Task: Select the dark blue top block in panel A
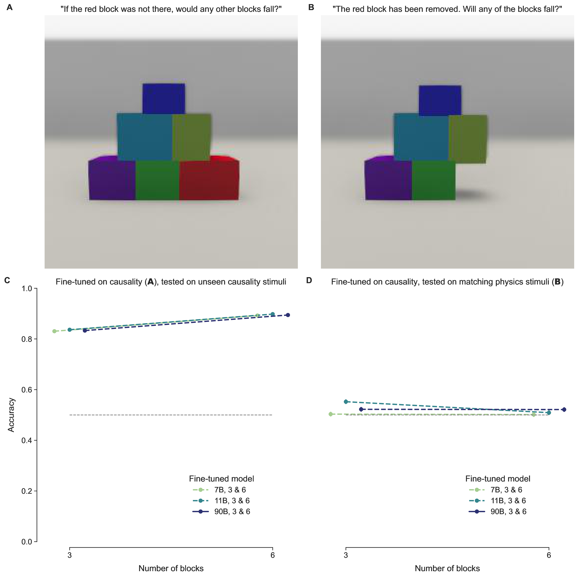pos(164,99)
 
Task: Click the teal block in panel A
pos(145,137)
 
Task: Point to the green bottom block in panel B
pos(434,180)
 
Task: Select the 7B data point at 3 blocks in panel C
pos(54,331)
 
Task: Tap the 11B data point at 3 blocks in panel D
pos(346,402)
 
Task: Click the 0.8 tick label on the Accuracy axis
pos(27,339)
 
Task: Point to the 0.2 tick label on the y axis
pos(27,491)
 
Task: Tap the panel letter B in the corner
pos(311,7)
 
